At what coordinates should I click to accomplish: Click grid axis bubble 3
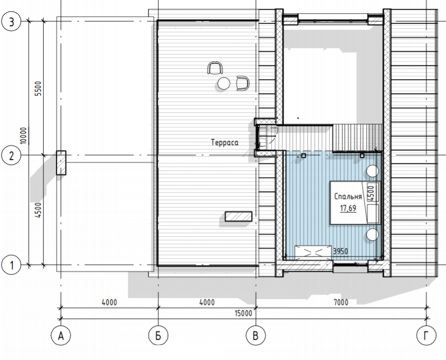coord(11,22)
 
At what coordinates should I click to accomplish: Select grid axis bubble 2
coord(11,155)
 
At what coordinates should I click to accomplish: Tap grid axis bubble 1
coord(11,265)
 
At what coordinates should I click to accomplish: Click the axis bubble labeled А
coord(61,336)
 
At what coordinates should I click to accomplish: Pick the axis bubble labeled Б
coord(158,336)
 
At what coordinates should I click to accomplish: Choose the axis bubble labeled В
coord(255,336)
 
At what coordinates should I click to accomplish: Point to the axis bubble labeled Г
coord(426,336)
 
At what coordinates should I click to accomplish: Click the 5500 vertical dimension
coord(38,88)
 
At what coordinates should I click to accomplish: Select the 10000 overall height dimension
coord(23,136)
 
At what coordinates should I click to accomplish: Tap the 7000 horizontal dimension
coord(341,302)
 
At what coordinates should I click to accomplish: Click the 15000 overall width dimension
coord(243,313)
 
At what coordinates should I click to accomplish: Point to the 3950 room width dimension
coord(340,251)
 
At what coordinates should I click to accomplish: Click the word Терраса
coord(224,142)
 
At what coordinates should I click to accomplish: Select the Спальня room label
coord(348,196)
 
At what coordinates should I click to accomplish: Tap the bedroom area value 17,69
coord(348,208)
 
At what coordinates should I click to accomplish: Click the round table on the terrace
coord(223,83)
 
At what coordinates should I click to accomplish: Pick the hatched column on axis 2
coord(61,162)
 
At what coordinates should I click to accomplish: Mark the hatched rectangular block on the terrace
coord(238,216)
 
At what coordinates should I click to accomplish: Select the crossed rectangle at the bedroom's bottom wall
coord(313,252)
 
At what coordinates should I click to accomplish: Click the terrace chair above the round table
coord(215,68)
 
